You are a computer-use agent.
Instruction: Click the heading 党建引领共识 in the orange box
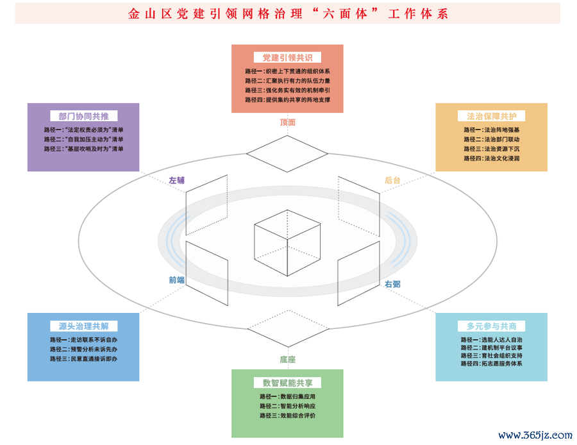[x=287, y=58]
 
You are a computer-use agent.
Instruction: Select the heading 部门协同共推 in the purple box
[x=83, y=116]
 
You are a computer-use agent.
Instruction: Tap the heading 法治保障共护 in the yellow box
[x=492, y=116]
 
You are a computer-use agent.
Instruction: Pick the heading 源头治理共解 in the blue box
[x=83, y=326]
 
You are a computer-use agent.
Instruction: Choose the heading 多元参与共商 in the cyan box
[x=492, y=326]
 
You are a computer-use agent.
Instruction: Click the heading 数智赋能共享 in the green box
[x=287, y=383]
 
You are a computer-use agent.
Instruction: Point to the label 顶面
[x=287, y=122]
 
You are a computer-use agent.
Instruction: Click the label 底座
[x=287, y=359]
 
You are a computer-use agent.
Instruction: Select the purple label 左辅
[x=177, y=180]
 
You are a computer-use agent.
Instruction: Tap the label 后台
[x=392, y=180]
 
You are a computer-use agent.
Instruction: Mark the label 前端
[x=177, y=280]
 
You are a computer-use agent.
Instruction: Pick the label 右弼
[x=392, y=284]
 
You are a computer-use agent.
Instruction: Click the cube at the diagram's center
[x=287, y=243]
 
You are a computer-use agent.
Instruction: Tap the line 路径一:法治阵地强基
[x=492, y=130]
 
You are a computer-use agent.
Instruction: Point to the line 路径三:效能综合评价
[x=287, y=416]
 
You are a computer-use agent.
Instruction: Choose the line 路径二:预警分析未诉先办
[x=83, y=349]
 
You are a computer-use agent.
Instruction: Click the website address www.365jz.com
[x=535, y=435]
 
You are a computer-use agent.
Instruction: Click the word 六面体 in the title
[x=344, y=14]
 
